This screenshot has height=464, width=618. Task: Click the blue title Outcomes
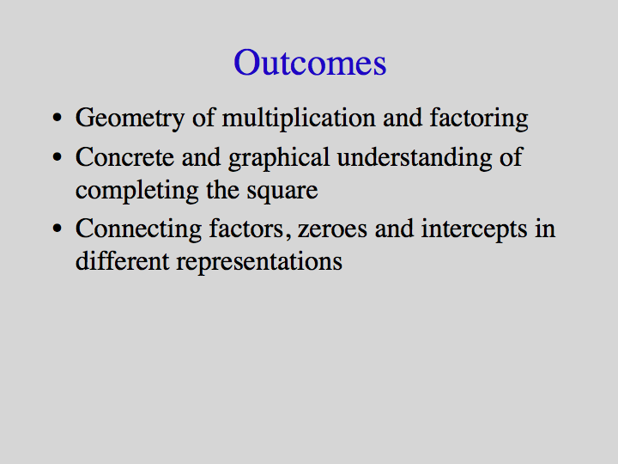point(310,63)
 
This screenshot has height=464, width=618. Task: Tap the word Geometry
point(130,119)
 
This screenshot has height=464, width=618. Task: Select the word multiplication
point(299,119)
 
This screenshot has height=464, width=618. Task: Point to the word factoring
point(479,119)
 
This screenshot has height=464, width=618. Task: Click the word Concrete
point(124,157)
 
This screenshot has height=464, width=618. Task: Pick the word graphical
point(279,158)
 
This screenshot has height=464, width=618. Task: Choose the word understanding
point(415,158)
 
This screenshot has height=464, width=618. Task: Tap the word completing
point(136,191)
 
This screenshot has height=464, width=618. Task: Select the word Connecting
point(138,229)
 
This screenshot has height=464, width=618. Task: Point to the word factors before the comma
point(246,229)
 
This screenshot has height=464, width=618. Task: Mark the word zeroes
point(332,231)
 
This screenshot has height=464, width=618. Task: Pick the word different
point(122,260)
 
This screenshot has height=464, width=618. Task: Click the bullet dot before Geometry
point(58,118)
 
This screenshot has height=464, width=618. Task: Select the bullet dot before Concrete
point(58,157)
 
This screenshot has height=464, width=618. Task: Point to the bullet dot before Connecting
point(58,229)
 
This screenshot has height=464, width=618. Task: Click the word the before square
point(222,190)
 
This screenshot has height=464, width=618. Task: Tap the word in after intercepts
point(545,229)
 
